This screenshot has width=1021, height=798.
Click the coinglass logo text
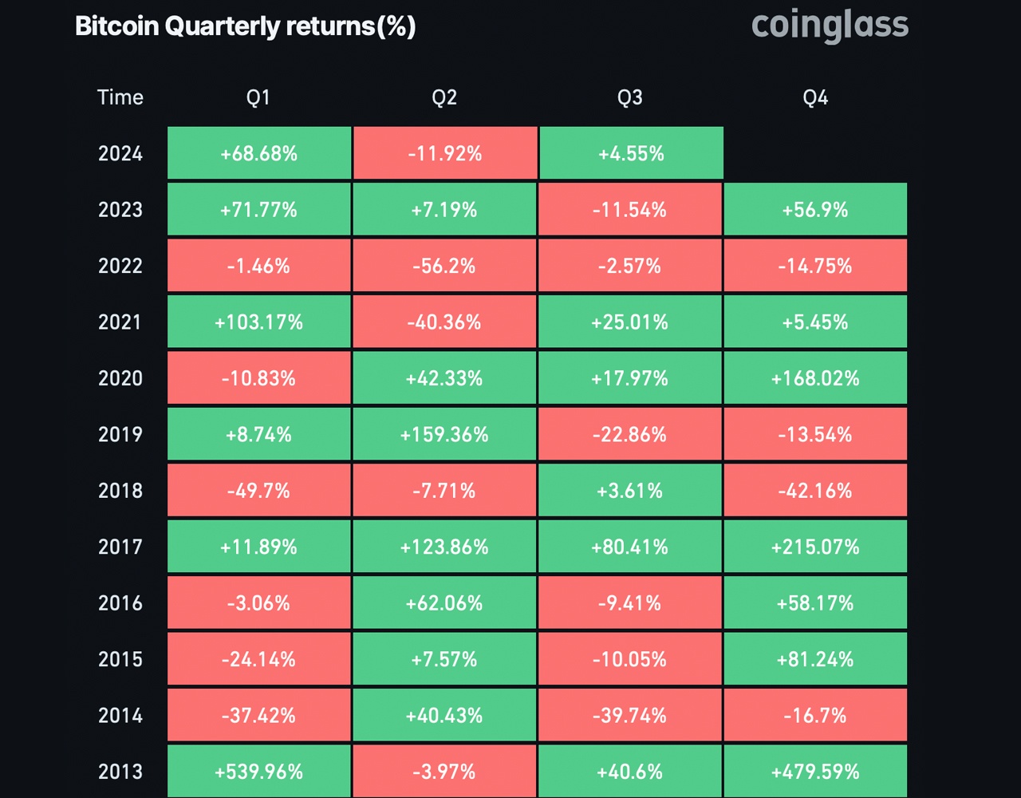830,26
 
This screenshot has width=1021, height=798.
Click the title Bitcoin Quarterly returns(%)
245,26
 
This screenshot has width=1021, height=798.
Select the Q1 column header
258,97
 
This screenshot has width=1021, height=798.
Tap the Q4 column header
815,97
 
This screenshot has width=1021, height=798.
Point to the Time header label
120,97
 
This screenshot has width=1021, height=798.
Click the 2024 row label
120,153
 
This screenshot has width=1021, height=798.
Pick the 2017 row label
120,547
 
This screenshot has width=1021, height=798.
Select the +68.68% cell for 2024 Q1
258,153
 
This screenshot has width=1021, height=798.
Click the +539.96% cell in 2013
258,772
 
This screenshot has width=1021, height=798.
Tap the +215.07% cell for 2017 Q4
815,547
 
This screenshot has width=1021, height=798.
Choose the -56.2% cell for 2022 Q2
444,266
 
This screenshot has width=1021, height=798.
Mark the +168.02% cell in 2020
815,378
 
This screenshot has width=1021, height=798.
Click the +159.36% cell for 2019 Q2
444,434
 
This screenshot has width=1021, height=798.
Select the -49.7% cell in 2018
258,491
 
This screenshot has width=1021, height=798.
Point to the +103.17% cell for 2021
258,322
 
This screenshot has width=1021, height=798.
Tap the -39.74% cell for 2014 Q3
630,716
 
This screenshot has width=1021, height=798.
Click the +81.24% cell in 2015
815,659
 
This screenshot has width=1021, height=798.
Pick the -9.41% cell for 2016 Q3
630,603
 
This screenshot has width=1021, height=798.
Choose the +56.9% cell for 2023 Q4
815,210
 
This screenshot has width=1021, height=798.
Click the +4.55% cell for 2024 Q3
630,153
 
